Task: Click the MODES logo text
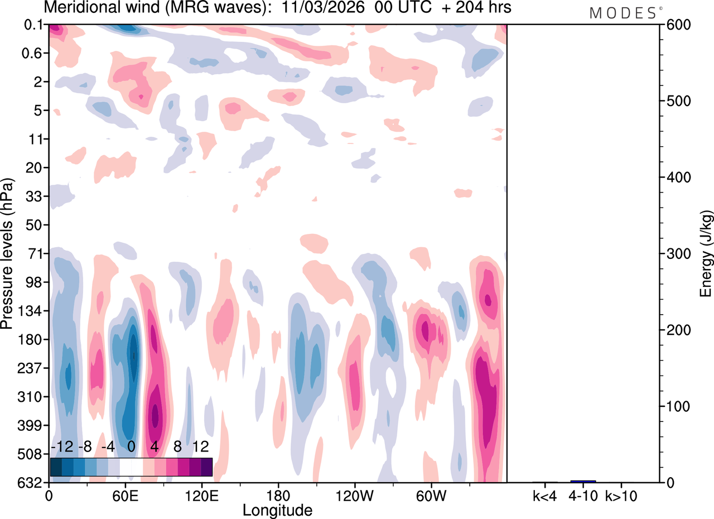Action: point(623,13)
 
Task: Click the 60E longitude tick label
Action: point(126,495)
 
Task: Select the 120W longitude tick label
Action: point(354,495)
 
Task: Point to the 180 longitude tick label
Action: point(278,495)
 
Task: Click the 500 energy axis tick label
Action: point(675,102)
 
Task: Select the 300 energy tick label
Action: point(675,254)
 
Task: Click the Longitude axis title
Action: point(277,510)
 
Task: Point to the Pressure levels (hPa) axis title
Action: point(8,254)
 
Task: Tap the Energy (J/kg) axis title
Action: point(706,254)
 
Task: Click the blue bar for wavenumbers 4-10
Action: point(583,481)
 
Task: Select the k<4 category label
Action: point(545,495)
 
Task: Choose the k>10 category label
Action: point(621,495)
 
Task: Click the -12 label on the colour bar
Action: point(62,447)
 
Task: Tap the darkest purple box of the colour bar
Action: point(206,467)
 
